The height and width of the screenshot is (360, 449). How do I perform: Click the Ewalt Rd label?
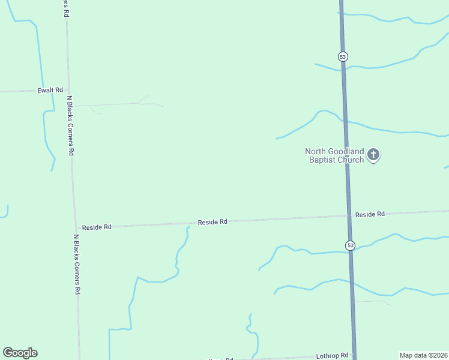50,90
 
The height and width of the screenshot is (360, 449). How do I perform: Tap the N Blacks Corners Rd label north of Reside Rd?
70,125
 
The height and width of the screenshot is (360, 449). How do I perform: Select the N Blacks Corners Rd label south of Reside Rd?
77,263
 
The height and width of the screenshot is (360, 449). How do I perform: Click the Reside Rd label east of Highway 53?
369,214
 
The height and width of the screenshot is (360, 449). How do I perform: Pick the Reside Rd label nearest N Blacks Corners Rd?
97,227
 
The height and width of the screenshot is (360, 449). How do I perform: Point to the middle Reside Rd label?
212,222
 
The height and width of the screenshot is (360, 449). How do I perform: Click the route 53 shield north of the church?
342,56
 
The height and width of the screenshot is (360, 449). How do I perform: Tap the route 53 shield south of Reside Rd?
350,245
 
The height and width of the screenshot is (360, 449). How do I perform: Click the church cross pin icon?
373,155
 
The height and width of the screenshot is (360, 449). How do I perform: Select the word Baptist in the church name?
321,160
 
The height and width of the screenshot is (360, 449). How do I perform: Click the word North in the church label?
316,152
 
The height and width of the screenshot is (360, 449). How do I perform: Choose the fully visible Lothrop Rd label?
332,356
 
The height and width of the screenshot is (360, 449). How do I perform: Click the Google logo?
20,353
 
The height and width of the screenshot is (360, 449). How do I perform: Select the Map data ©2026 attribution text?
423,355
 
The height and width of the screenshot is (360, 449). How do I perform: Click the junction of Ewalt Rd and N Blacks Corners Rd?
68,90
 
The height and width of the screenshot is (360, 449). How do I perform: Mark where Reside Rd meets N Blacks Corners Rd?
75,228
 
